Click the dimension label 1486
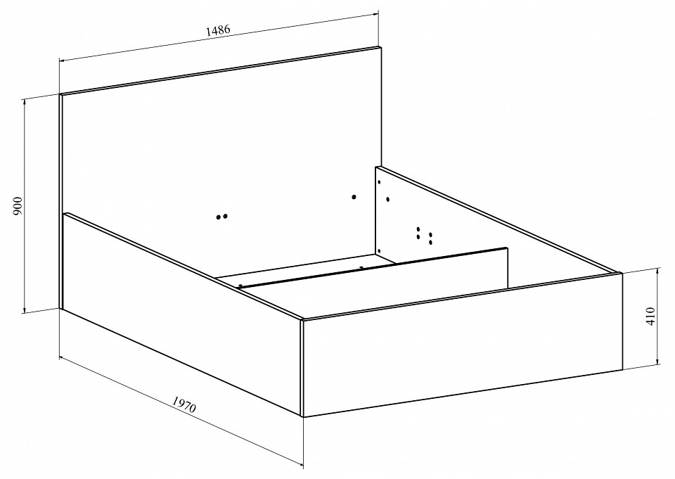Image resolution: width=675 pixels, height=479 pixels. (218, 30)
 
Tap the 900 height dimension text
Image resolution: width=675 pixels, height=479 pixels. (18, 206)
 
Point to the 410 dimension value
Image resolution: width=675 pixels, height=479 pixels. (650, 317)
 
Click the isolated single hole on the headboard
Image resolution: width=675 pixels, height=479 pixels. (354, 197)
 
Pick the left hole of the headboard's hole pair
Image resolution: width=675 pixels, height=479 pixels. (219, 217)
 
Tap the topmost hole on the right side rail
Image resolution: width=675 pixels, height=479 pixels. (379, 181)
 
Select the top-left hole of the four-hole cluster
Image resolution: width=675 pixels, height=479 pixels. (418, 229)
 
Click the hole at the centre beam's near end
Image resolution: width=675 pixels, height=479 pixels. (240, 285)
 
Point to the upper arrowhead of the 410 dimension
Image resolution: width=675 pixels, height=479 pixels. (658, 270)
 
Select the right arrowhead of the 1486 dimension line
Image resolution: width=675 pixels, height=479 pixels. (375, 15)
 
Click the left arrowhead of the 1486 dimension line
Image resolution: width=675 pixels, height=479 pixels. (62, 60)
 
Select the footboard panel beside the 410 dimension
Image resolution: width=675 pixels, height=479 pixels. (463, 345)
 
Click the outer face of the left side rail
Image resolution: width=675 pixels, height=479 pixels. (181, 314)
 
